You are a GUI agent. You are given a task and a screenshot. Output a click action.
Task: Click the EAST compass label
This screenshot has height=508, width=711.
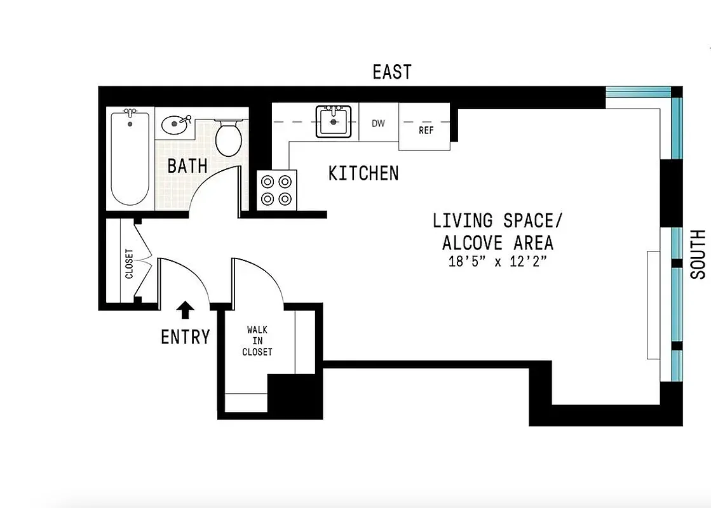click(392, 72)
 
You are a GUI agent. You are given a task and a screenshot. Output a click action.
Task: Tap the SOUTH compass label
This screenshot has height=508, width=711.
click(698, 254)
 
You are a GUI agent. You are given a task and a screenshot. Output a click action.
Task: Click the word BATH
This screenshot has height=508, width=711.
click(187, 166)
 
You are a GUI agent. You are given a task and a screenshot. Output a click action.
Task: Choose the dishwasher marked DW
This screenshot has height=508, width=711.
click(378, 123)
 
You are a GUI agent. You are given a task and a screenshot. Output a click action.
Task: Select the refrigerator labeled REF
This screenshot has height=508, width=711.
click(425, 130)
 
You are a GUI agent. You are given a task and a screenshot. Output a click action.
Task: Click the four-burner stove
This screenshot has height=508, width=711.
click(277, 189)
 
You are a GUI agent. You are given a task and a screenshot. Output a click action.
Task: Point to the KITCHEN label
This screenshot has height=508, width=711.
click(363, 173)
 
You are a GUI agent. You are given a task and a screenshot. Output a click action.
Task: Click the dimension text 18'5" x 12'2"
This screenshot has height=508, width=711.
click(498, 262)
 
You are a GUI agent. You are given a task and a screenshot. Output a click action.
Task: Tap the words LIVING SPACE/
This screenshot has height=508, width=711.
click(498, 221)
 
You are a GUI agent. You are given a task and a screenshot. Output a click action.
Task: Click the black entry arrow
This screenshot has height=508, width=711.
click(185, 310)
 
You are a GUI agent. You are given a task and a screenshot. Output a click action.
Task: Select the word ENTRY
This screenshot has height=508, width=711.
click(185, 337)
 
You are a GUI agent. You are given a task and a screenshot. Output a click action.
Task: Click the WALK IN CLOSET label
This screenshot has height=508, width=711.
click(257, 341)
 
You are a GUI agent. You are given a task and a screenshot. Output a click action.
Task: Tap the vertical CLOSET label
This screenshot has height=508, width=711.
click(130, 264)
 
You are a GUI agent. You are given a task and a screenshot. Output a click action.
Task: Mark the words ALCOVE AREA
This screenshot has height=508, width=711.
click(498, 243)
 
